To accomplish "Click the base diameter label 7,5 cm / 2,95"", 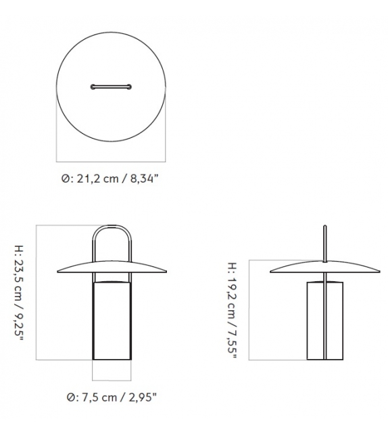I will click(x=110, y=397).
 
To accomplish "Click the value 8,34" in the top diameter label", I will click(x=143, y=178).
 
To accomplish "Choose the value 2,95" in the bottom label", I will click(x=144, y=397).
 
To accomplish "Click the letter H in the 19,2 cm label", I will click(x=233, y=266).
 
